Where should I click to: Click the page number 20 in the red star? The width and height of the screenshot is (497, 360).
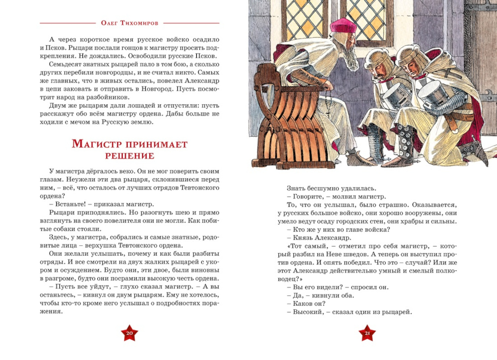pyautogui.click(x=129, y=333)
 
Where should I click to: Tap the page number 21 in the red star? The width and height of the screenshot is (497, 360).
pyautogui.click(x=368, y=333)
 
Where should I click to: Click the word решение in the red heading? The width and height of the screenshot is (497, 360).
pyautogui.click(x=129, y=156)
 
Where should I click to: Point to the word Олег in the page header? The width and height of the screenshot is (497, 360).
pyautogui.click(x=109, y=23)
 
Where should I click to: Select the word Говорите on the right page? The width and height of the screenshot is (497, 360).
pyautogui.click(x=309, y=197)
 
